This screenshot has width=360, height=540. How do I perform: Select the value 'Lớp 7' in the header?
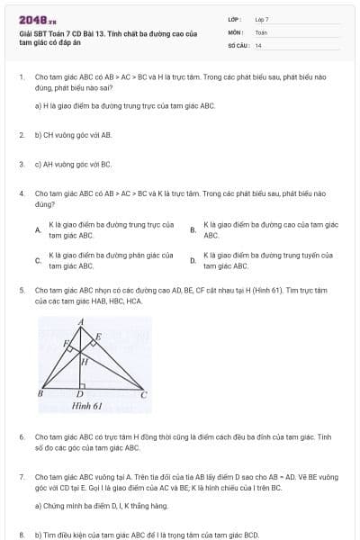tap(262, 19)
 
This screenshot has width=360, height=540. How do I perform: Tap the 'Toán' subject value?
tap(261, 31)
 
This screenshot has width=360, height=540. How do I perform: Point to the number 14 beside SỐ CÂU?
tap(258, 45)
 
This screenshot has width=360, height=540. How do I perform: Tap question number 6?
tap(21, 436)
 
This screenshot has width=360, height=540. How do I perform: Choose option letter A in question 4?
tap(38, 229)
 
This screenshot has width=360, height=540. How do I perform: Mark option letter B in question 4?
tap(193, 229)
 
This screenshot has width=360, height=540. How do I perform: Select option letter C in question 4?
tap(38, 261)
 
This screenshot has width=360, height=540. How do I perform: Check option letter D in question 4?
tap(193, 261)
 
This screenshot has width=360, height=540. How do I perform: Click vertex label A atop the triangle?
tap(81, 321)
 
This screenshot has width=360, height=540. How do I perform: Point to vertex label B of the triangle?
tap(40, 393)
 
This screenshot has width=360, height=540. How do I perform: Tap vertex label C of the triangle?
tap(144, 393)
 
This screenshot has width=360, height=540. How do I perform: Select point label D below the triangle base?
tap(80, 394)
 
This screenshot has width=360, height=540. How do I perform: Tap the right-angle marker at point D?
tap(84, 385)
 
